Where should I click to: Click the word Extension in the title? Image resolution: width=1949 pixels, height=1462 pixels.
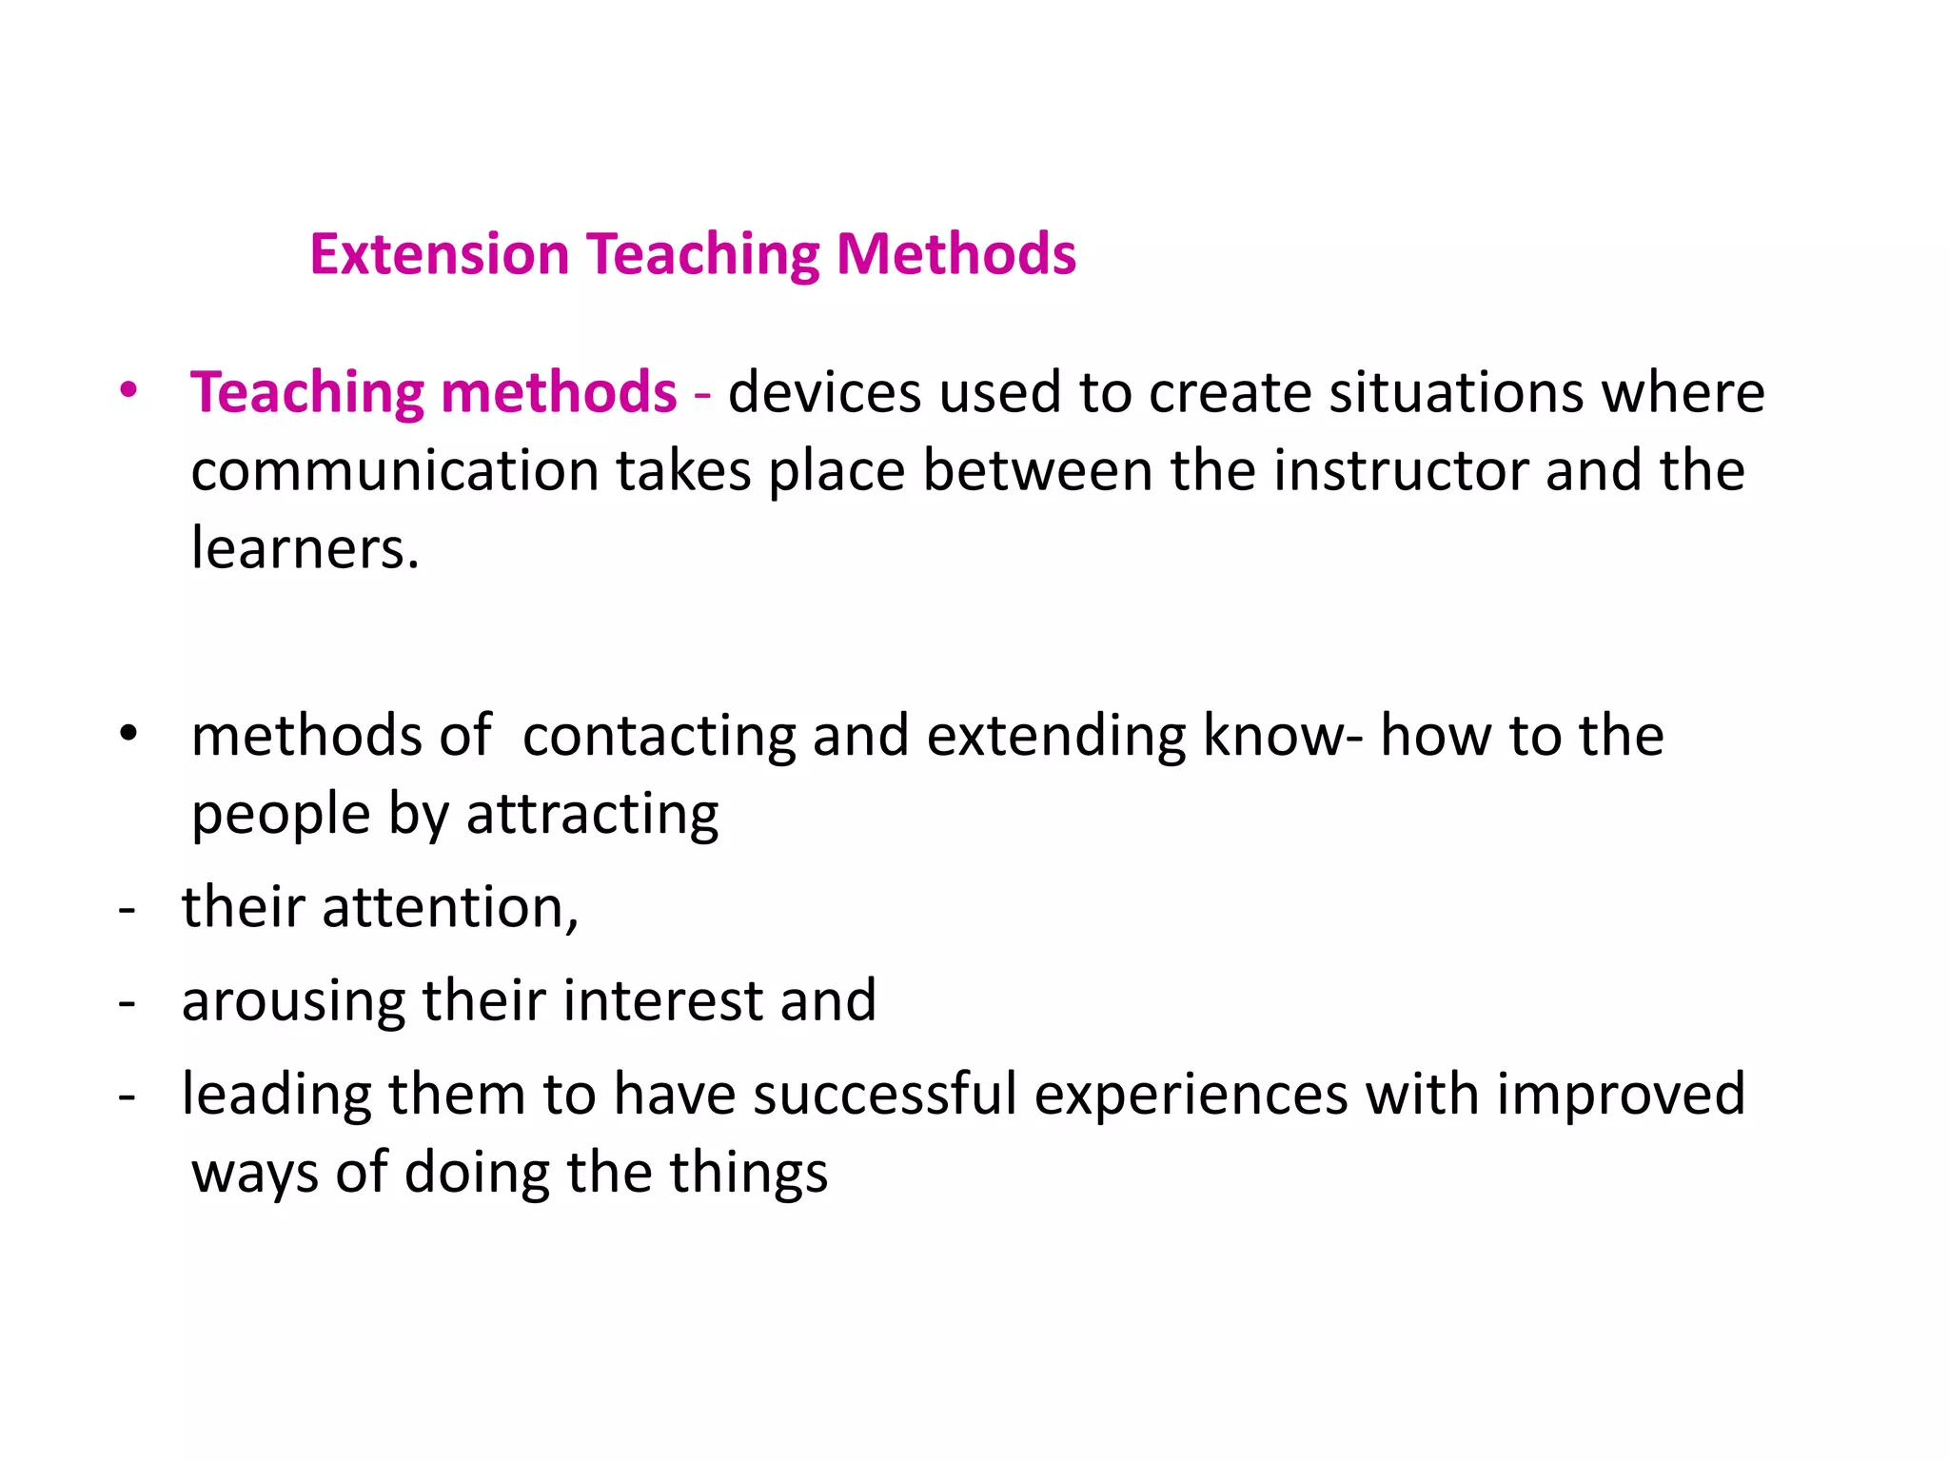click(439, 255)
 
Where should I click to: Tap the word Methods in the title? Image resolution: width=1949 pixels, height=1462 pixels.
click(955, 255)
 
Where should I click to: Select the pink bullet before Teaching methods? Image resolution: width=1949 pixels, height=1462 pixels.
click(128, 390)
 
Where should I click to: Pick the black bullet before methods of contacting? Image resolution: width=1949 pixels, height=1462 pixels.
click(128, 735)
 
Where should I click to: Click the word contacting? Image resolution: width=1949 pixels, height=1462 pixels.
click(659, 736)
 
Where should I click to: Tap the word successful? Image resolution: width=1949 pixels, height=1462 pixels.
click(885, 1094)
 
